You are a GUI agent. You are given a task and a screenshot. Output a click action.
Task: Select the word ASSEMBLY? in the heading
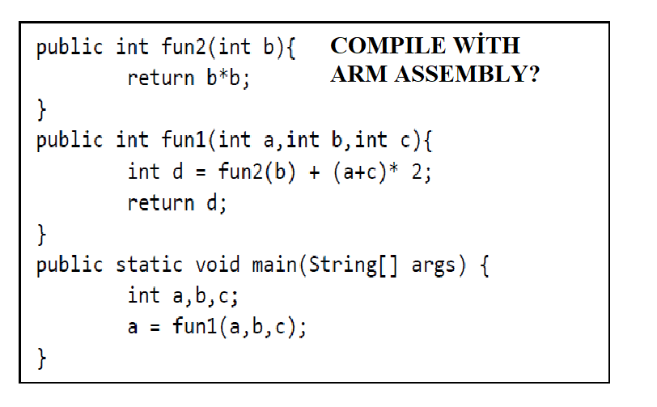[467, 74]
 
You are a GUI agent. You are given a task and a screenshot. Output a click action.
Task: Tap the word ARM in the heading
[358, 74]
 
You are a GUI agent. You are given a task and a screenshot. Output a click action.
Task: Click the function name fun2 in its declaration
[184, 47]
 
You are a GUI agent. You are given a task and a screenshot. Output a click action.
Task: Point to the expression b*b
[223, 78]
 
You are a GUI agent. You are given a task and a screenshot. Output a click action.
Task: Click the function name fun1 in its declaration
[184, 140]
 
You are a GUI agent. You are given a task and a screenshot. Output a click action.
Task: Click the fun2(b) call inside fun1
[257, 172]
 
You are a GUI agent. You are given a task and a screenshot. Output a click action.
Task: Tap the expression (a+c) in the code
[360, 172]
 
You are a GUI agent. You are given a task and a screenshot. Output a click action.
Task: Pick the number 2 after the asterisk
[417, 172]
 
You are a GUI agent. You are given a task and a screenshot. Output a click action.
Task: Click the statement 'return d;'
[177, 203]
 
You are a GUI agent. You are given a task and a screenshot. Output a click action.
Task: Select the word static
[149, 265]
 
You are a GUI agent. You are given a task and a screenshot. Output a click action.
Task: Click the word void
[218, 265]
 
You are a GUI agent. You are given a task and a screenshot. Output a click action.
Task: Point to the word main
[274, 265]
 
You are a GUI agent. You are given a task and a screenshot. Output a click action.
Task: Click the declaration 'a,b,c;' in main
[206, 296]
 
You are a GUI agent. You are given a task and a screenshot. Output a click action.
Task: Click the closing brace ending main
[41, 358]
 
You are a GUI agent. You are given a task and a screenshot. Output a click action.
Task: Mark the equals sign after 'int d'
[201, 172]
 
